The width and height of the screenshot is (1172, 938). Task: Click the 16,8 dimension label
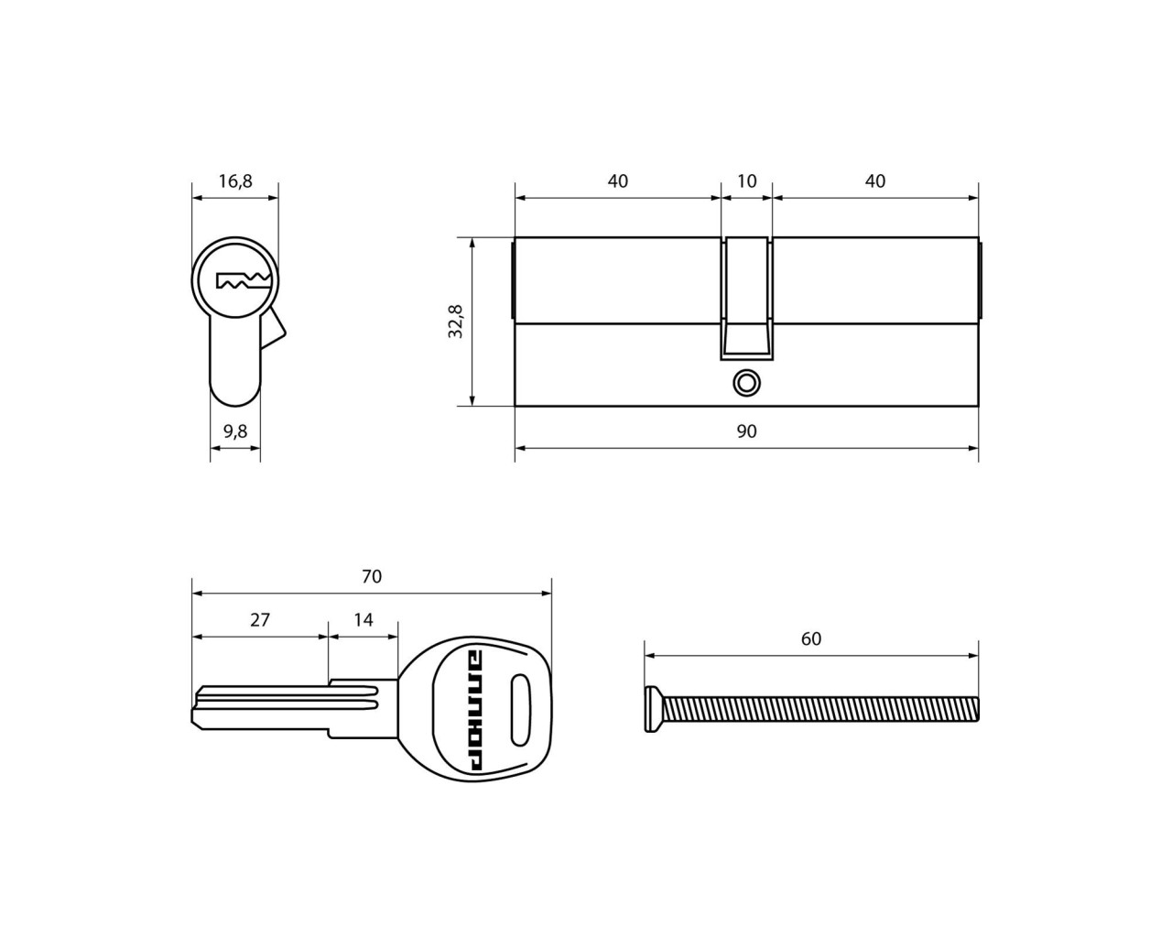(x=235, y=181)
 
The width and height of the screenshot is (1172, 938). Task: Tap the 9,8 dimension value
(x=235, y=431)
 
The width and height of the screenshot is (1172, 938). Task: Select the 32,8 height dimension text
(x=455, y=322)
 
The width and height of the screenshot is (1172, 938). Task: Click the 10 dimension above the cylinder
(x=746, y=181)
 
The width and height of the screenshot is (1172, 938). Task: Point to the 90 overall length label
(x=746, y=431)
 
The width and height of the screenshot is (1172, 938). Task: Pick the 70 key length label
(x=372, y=576)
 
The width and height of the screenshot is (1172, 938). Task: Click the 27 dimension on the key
(x=260, y=620)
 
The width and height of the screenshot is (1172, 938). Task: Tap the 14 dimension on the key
(x=364, y=620)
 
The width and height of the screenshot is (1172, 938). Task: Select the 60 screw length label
(x=811, y=638)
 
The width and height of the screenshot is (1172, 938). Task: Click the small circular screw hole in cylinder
(x=745, y=383)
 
